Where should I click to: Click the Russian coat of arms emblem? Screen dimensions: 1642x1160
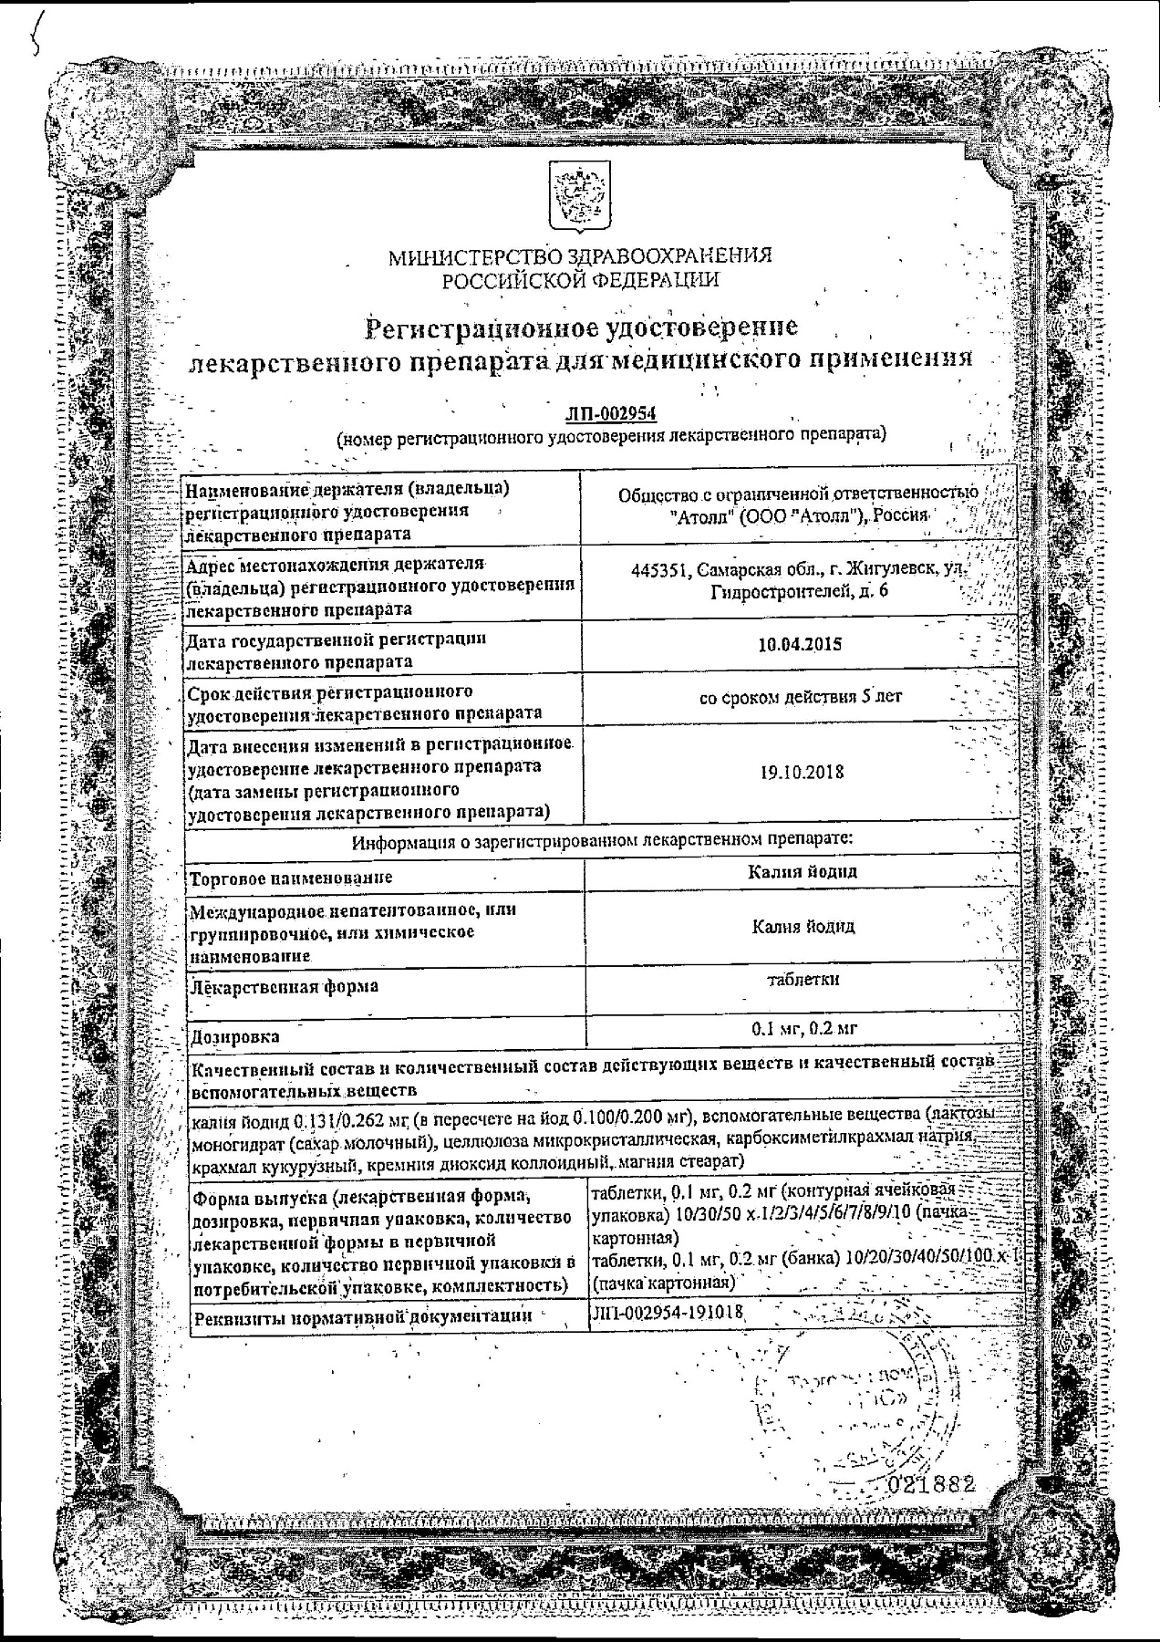(573, 197)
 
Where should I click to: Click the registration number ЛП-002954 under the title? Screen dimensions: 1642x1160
(611, 414)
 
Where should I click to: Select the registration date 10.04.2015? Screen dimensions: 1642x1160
(800, 644)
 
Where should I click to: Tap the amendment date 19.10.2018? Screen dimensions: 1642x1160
(802, 772)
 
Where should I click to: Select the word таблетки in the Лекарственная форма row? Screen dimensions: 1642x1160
(803, 980)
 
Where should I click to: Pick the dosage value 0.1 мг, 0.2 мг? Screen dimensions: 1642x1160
(803, 1029)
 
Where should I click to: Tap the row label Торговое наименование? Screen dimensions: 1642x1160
(290, 878)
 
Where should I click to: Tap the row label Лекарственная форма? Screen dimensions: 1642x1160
(283, 986)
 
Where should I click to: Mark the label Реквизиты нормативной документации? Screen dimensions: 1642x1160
(360, 1315)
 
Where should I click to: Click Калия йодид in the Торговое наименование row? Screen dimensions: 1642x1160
(802, 871)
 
